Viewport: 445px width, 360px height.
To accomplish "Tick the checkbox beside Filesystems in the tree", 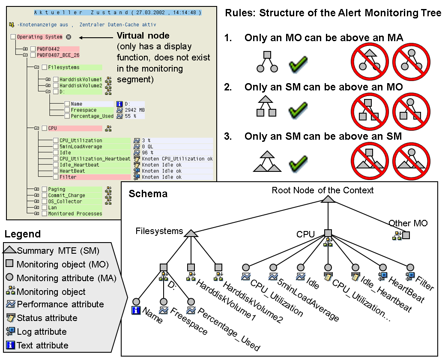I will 44,67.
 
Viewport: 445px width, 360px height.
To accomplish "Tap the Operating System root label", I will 39,37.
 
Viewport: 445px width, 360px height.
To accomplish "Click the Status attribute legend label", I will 47,318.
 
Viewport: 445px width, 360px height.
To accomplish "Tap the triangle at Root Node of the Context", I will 327,199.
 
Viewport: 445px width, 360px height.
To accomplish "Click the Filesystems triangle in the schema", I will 191,233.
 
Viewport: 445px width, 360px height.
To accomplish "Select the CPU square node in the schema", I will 328,233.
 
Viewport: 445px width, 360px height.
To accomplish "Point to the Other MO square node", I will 406,235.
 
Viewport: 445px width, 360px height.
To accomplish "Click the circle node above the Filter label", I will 410,267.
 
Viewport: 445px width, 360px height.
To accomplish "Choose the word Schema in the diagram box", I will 148,194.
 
